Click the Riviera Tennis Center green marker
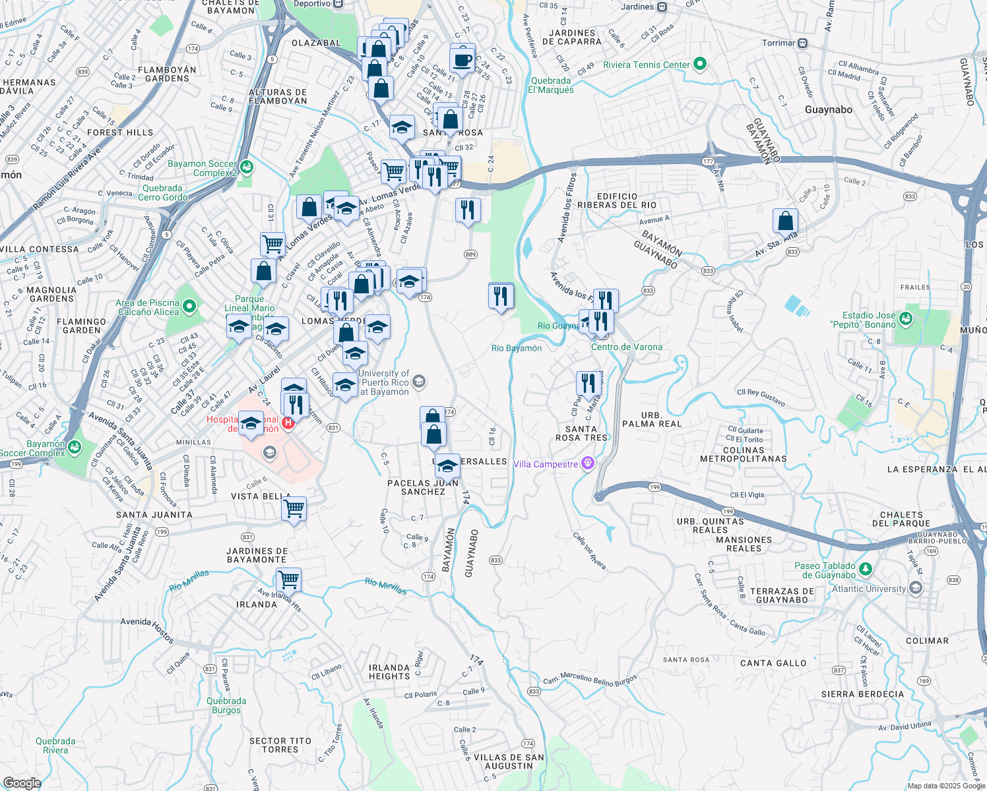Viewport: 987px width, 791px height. click(700, 65)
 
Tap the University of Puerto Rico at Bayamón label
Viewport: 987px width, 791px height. click(385, 383)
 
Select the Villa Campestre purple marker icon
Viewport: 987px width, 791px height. click(587, 464)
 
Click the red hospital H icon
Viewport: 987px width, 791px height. click(288, 423)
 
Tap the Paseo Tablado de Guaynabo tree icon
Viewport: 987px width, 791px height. click(866, 569)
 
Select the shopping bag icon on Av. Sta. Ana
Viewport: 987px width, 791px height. click(785, 220)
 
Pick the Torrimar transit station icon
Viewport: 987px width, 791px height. click(802, 44)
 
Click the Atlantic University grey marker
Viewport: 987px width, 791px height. click(914, 587)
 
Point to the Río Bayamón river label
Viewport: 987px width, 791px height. click(517, 348)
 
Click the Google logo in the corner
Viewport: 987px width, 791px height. click(22, 782)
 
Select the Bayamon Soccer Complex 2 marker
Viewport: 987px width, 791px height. click(246, 167)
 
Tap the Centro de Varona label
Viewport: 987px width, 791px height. click(626, 347)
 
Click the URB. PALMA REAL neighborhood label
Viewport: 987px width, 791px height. click(652, 419)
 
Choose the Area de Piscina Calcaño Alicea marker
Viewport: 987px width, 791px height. click(189, 307)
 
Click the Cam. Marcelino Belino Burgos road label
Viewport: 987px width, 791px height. click(590, 680)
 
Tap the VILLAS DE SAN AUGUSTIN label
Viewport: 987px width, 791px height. click(508, 761)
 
